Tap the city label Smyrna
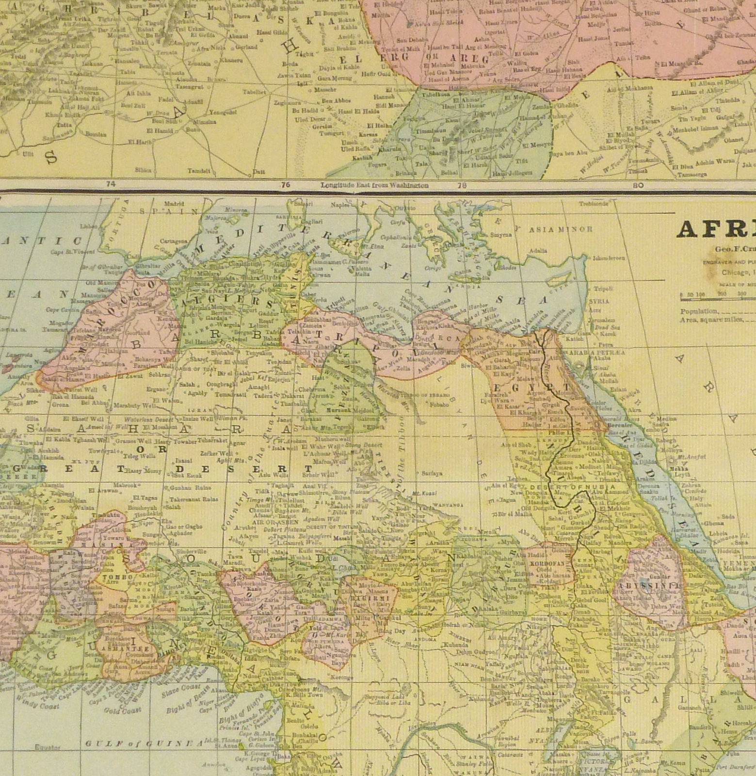coord(501,235)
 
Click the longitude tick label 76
coord(285,185)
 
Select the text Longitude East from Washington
coord(374,185)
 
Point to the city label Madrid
coord(171,204)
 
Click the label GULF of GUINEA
coord(143,743)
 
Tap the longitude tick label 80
coord(638,185)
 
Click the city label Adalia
coord(537,251)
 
